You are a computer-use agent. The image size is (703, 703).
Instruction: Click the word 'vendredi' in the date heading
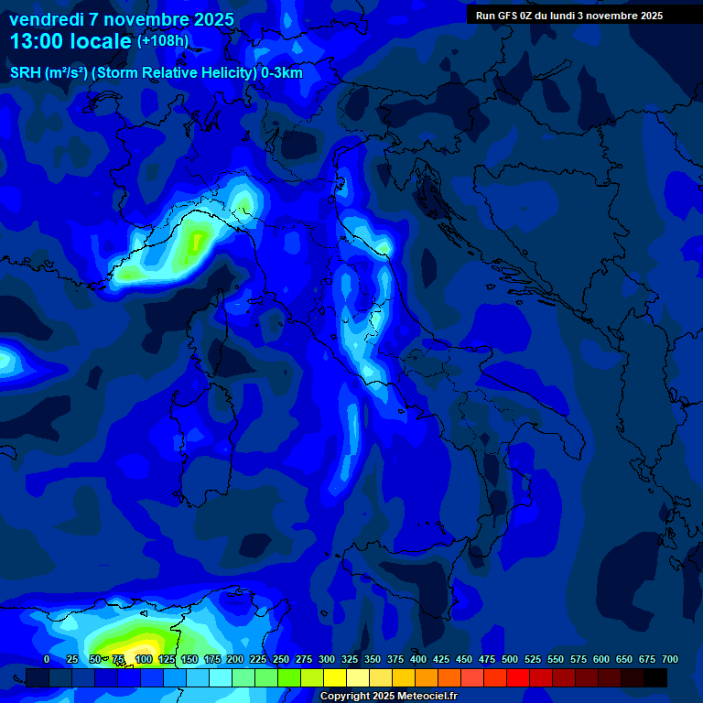pos(44,19)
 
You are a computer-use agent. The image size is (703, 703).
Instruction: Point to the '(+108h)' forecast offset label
pos(163,40)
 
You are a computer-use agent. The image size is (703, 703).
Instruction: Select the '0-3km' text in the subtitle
pos(282,73)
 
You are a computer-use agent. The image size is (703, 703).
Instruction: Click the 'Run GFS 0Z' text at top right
pos(507,16)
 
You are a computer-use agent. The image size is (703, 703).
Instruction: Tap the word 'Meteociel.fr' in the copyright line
pos(427,697)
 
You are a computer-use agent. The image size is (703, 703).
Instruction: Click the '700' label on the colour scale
pos(669,659)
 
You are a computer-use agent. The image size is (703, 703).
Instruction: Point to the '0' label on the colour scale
pos(47,659)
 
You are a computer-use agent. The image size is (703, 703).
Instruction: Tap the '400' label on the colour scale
pos(418,659)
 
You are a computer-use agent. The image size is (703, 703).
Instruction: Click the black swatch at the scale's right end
pos(655,677)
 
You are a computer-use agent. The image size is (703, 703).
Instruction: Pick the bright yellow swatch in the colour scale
pos(335,677)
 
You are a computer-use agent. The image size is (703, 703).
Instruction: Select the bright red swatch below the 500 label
pos(518,677)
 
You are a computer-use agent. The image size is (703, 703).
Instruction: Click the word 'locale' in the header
pos(105,41)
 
